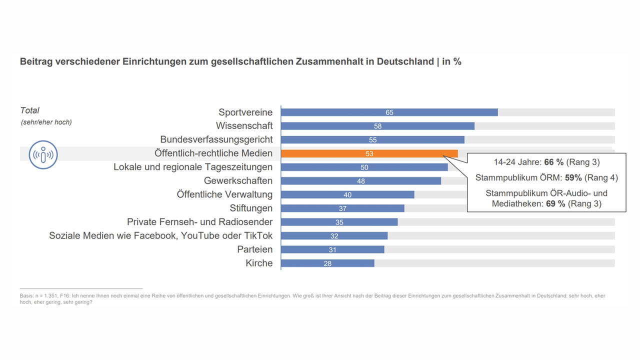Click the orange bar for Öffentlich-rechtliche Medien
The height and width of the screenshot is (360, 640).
click(369, 153)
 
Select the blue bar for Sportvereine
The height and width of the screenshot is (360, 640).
click(389, 112)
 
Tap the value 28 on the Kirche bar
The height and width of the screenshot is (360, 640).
click(327, 263)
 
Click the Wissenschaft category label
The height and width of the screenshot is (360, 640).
click(244, 125)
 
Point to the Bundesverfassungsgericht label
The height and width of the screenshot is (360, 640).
click(216, 139)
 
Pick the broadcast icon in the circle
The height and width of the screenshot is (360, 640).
click(43, 154)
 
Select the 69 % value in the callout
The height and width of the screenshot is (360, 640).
click(555, 203)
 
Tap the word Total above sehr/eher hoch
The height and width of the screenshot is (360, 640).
click(29, 110)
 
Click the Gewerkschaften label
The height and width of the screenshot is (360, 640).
click(238, 180)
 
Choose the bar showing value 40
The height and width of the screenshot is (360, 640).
click(347, 194)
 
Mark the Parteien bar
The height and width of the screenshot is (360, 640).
click(332, 249)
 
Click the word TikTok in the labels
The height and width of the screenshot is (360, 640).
click(258, 235)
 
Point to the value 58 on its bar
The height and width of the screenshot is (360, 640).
click(377, 126)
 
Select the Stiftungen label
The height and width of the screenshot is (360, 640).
click(251, 208)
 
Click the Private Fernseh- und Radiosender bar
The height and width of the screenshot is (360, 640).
click(339, 222)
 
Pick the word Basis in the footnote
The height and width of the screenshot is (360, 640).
click(27, 296)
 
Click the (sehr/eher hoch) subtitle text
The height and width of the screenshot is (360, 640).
click(46, 122)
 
